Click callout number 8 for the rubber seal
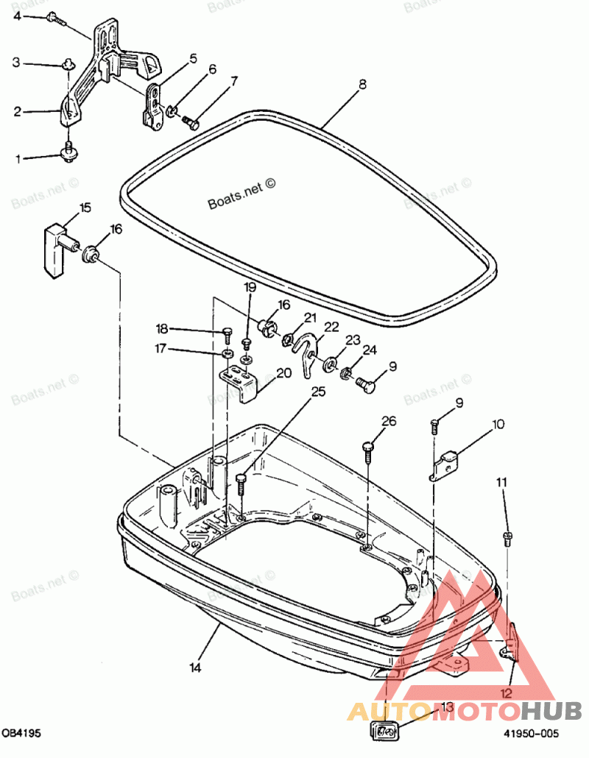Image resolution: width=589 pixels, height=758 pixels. pos(362,85)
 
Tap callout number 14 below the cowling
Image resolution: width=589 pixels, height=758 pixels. pos(195,668)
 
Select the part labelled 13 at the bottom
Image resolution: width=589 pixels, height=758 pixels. pos(383,731)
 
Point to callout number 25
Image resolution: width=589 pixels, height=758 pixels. pos(317,392)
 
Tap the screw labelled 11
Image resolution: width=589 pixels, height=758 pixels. pos(507,537)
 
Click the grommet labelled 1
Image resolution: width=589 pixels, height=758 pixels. pos(68,154)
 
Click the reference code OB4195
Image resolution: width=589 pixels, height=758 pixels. pos(21,734)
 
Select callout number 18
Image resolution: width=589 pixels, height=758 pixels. pos(162,328)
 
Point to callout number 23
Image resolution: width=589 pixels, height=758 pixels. pos(353,340)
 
